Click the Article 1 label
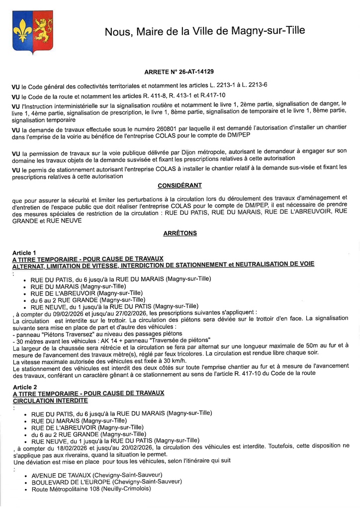[24, 253]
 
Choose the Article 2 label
[25, 387]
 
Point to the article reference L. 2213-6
[252, 85]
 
